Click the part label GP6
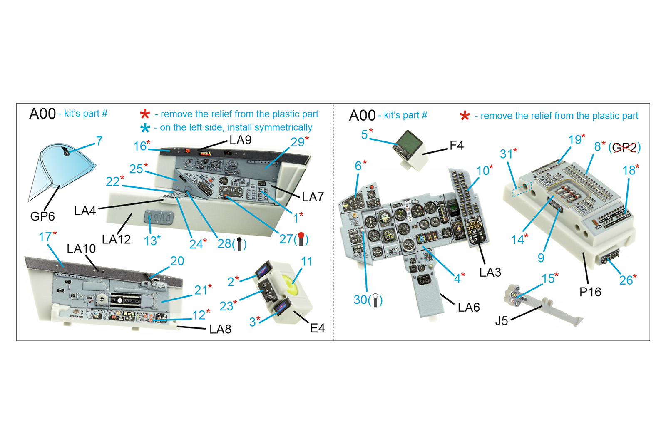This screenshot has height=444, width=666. pos(42,216)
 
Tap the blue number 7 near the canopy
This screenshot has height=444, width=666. pos(99,141)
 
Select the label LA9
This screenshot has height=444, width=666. pos(240,140)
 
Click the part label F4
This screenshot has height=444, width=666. pos(456,145)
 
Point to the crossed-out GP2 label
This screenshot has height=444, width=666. pos(624,147)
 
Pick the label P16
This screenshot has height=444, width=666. pos(590,292)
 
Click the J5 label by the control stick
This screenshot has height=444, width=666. pos(502,321)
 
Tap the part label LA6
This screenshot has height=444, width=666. pos(469,308)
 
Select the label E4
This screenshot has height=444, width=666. pos(317,328)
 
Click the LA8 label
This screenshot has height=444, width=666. pos(220,330)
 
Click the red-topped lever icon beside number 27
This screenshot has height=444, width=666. pos(301,239)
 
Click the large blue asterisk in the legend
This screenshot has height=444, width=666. pos(145,128)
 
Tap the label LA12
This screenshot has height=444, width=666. pos(116,239)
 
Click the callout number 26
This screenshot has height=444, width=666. pos(626,280)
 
